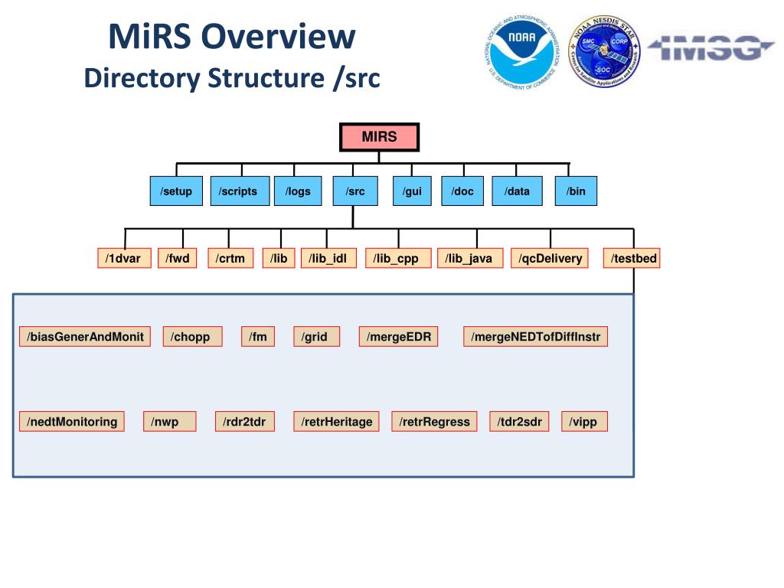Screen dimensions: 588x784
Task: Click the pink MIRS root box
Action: point(380,137)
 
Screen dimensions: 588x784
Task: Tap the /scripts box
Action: point(237,191)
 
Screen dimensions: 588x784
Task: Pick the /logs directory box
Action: point(298,191)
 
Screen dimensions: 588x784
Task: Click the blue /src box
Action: point(355,191)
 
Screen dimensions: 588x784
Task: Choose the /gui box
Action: point(412,191)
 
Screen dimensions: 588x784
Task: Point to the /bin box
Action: point(576,191)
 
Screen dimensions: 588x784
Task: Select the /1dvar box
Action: point(124,259)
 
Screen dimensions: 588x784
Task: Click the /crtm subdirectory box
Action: point(230,259)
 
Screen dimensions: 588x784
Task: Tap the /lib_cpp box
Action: point(398,259)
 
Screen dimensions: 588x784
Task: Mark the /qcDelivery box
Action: point(550,259)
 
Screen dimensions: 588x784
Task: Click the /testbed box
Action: point(633,259)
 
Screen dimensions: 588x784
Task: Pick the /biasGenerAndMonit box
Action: point(85,337)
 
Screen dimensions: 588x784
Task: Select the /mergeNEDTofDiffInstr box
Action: point(536,337)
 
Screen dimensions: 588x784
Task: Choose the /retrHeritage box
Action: point(336,422)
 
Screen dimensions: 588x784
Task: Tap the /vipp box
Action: point(584,422)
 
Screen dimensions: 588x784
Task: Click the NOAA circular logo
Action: point(524,51)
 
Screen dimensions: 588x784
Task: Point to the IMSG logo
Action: point(711,48)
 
